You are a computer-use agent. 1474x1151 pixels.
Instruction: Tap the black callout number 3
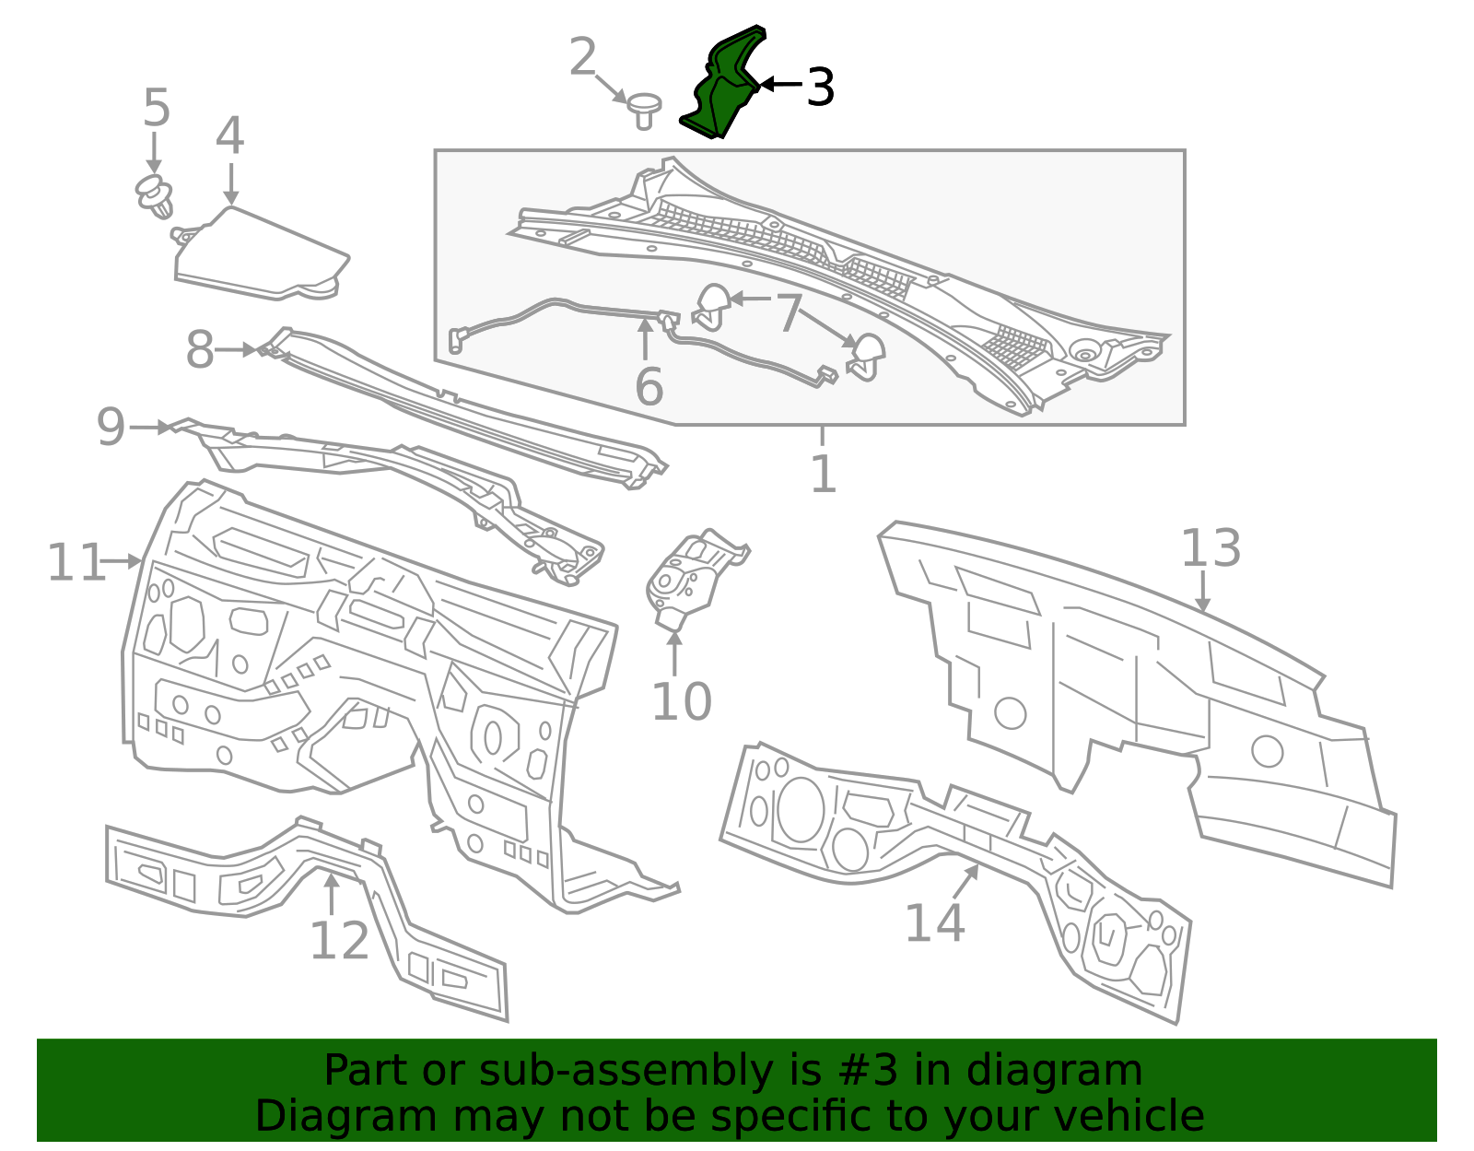click(x=820, y=87)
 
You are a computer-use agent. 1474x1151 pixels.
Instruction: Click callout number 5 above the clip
click(x=157, y=107)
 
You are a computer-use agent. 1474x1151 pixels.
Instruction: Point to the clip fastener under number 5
click(x=155, y=196)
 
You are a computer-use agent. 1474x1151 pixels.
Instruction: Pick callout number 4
click(x=230, y=135)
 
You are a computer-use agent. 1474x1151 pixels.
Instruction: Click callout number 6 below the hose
click(x=649, y=387)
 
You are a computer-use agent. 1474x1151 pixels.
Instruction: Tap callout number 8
click(x=199, y=350)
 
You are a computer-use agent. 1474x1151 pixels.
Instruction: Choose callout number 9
click(x=111, y=427)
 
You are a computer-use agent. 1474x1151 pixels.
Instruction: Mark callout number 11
click(x=76, y=562)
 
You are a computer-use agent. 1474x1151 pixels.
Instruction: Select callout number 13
click(x=1211, y=548)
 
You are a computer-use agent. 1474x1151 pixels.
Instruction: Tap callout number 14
click(x=935, y=922)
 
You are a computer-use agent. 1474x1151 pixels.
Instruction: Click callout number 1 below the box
click(x=824, y=474)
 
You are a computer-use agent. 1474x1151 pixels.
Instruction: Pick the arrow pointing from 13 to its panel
click(x=1202, y=591)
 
